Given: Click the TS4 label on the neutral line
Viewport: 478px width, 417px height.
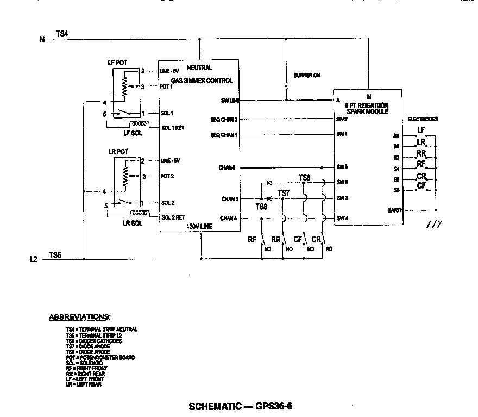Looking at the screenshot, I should click(61, 34).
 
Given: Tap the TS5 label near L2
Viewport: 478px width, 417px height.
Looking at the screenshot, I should click(55, 254).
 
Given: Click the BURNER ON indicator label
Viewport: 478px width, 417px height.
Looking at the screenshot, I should click(307, 75).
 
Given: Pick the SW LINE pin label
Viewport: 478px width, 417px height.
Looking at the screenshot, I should click(230, 101).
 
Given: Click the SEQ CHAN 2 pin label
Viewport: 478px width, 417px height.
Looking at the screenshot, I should click(224, 119).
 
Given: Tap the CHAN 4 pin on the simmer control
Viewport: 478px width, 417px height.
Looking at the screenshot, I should click(229, 219).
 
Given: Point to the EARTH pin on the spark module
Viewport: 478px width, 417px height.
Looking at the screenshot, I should click(395, 210).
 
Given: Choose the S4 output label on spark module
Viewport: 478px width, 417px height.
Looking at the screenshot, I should click(397, 169).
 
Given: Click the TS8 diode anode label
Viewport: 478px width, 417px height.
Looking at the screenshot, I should click(305, 178).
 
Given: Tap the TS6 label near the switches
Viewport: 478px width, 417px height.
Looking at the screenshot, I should click(261, 207).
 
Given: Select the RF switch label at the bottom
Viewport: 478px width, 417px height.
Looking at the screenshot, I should click(252, 239).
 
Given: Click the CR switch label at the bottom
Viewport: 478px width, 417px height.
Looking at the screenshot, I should click(317, 239).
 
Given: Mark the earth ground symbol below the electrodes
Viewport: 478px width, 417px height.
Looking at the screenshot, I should click(433, 224).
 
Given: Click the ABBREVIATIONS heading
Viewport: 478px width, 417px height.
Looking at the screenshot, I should click(80, 316).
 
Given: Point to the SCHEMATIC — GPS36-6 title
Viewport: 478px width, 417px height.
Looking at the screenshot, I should click(242, 406).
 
